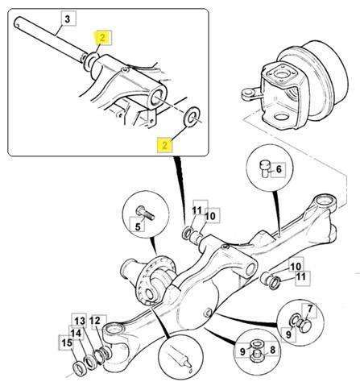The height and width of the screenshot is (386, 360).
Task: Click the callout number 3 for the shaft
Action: pyautogui.click(x=68, y=19)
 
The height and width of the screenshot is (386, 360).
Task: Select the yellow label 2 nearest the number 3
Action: pyautogui.click(x=102, y=38)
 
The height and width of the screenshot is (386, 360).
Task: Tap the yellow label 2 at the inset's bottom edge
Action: pyautogui.click(x=164, y=145)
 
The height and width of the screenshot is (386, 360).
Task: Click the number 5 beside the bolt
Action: pyautogui.click(x=138, y=226)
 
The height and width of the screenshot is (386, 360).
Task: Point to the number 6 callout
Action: pyautogui.click(x=279, y=169)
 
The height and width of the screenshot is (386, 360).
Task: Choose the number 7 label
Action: pyautogui.click(x=310, y=309)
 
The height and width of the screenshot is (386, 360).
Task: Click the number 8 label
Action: pyautogui.click(x=272, y=350)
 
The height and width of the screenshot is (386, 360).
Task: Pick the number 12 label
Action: pyautogui.click(x=94, y=321)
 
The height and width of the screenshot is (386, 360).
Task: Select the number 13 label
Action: pyautogui.click(x=80, y=321)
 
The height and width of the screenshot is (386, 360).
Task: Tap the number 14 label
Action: pyautogui.click(x=76, y=334)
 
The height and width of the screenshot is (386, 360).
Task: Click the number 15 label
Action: pyautogui.click(x=67, y=342)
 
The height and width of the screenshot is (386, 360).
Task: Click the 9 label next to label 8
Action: pyautogui.click(x=242, y=351)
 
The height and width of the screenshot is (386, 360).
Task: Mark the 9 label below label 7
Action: pyautogui.click(x=288, y=334)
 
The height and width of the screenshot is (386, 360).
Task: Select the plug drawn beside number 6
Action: pyautogui.click(x=265, y=168)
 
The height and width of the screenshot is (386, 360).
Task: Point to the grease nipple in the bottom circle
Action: pyautogui.click(x=181, y=358)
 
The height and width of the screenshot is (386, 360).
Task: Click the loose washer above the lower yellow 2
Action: pyautogui.click(x=191, y=116)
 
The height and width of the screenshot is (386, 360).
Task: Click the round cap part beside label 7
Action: pyautogui.click(x=304, y=326)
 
